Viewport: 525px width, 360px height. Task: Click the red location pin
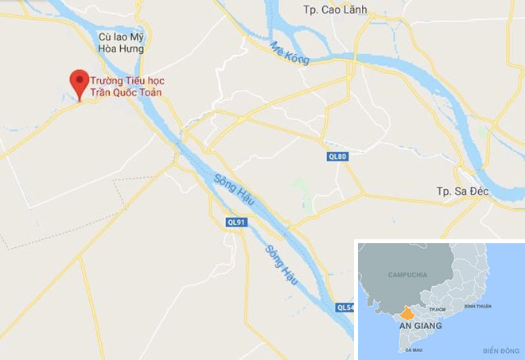coord(79,82)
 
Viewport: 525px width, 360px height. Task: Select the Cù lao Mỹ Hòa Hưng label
coord(121,43)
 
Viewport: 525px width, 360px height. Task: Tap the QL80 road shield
coord(338,157)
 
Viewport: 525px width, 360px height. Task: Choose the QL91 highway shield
coord(236,223)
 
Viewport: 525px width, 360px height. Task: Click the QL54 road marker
coord(345,308)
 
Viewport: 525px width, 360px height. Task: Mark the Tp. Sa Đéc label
coord(461,192)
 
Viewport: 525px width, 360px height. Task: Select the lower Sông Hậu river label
coord(281,264)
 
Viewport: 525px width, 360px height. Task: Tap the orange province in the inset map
coord(407,313)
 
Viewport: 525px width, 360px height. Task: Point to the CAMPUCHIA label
coord(407,275)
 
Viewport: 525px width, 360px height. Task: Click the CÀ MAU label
coord(414,350)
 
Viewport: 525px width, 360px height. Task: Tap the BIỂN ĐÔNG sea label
coord(499,350)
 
